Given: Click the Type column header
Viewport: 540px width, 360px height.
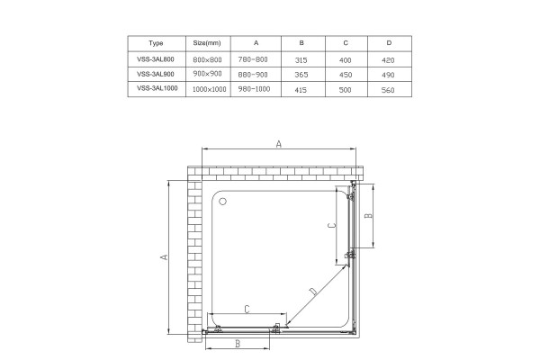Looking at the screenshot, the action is [x=156, y=43].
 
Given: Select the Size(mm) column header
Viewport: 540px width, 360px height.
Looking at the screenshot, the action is [x=207, y=43].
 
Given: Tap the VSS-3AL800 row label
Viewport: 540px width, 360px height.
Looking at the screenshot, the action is [x=156, y=59].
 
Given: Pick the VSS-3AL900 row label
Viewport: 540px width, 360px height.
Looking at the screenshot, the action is [x=156, y=74].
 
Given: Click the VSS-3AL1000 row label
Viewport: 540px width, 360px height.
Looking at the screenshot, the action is [x=157, y=88].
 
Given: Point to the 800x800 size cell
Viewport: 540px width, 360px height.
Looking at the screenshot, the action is [x=207, y=59].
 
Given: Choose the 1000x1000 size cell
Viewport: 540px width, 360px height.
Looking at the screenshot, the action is [x=209, y=90].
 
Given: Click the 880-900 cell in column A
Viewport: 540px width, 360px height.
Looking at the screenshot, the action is [x=253, y=75].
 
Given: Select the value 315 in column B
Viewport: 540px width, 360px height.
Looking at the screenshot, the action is [x=301, y=60].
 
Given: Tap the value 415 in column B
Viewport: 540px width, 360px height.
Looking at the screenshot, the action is [x=301, y=90].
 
